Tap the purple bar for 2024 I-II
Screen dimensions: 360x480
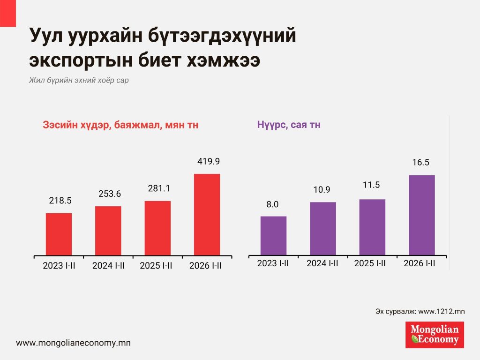(322, 229)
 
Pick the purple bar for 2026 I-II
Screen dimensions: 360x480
(422, 215)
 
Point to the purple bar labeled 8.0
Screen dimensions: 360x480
(273, 236)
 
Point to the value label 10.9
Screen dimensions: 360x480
(322, 190)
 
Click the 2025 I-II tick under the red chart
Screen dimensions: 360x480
(156, 266)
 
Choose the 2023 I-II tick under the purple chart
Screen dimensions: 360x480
(273, 263)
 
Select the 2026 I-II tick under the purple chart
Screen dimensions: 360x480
(420, 263)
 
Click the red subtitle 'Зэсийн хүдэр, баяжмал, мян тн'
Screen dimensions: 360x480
(120, 125)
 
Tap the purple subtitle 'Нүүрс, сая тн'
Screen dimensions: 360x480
(289, 125)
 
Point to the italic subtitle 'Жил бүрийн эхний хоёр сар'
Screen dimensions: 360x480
(79, 80)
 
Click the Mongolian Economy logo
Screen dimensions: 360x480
(435, 335)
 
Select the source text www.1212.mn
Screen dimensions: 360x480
(441, 311)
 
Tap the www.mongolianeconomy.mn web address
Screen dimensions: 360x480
(73, 343)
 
